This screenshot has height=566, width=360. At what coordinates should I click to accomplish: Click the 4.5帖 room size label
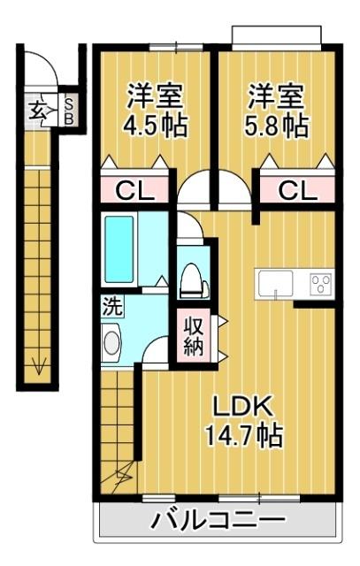pyautogui.click(x=156, y=126)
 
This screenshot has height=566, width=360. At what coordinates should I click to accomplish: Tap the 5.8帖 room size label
pyautogui.click(x=277, y=126)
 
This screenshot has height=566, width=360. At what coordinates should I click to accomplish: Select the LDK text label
pyautogui.click(x=242, y=407)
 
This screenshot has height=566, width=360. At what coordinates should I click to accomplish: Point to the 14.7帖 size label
pyautogui.click(x=244, y=435)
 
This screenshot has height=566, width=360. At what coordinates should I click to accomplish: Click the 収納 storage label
pyautogui.click(x=194, y=336)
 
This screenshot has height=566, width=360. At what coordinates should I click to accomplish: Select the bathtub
pyautogui.click(x=119, y=249)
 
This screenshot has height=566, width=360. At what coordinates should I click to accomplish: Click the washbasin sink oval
pyautogui.click(x=111, y=343)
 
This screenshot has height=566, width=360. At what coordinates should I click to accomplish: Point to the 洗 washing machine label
pyautogui.click(x=112, y=306)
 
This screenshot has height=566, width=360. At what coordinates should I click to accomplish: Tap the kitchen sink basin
pyautogui.click(x=275, y=284)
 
